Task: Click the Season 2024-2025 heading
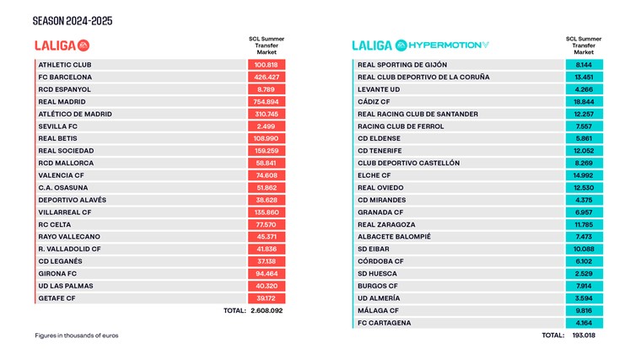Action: (72, 20)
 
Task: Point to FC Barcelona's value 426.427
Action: (267, 77)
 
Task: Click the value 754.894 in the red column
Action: (267, 101)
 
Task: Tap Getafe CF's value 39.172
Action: (267, 298)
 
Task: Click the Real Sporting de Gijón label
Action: (402, 64)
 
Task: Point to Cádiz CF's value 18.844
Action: (584, 101)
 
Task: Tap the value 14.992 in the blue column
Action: (584, 175)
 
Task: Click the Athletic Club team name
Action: (65, 64)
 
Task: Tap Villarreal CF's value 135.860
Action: (267, 212)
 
